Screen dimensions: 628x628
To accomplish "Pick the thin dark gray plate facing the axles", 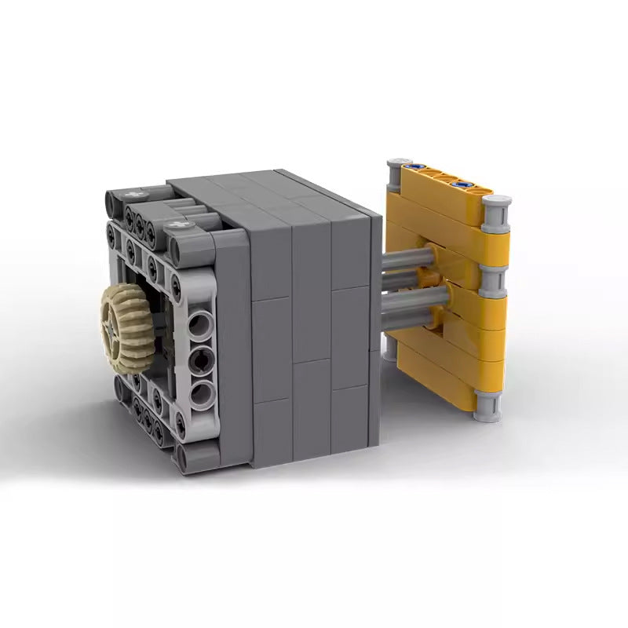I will pos(375,322).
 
